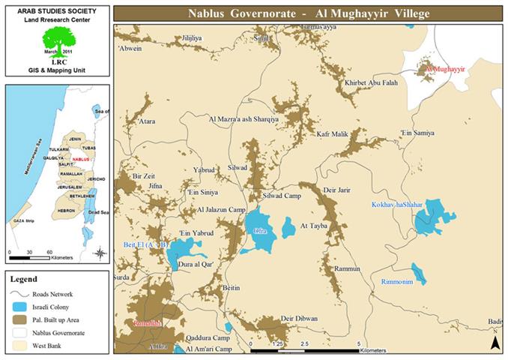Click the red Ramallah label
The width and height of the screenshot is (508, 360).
pos(147,323)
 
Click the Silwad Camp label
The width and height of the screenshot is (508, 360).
pos(282,196)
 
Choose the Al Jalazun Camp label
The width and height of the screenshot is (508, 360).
pos(221,210)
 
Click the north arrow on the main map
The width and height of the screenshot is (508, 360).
pos(495,342)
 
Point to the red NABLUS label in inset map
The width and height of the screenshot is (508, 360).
pos(82,160)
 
